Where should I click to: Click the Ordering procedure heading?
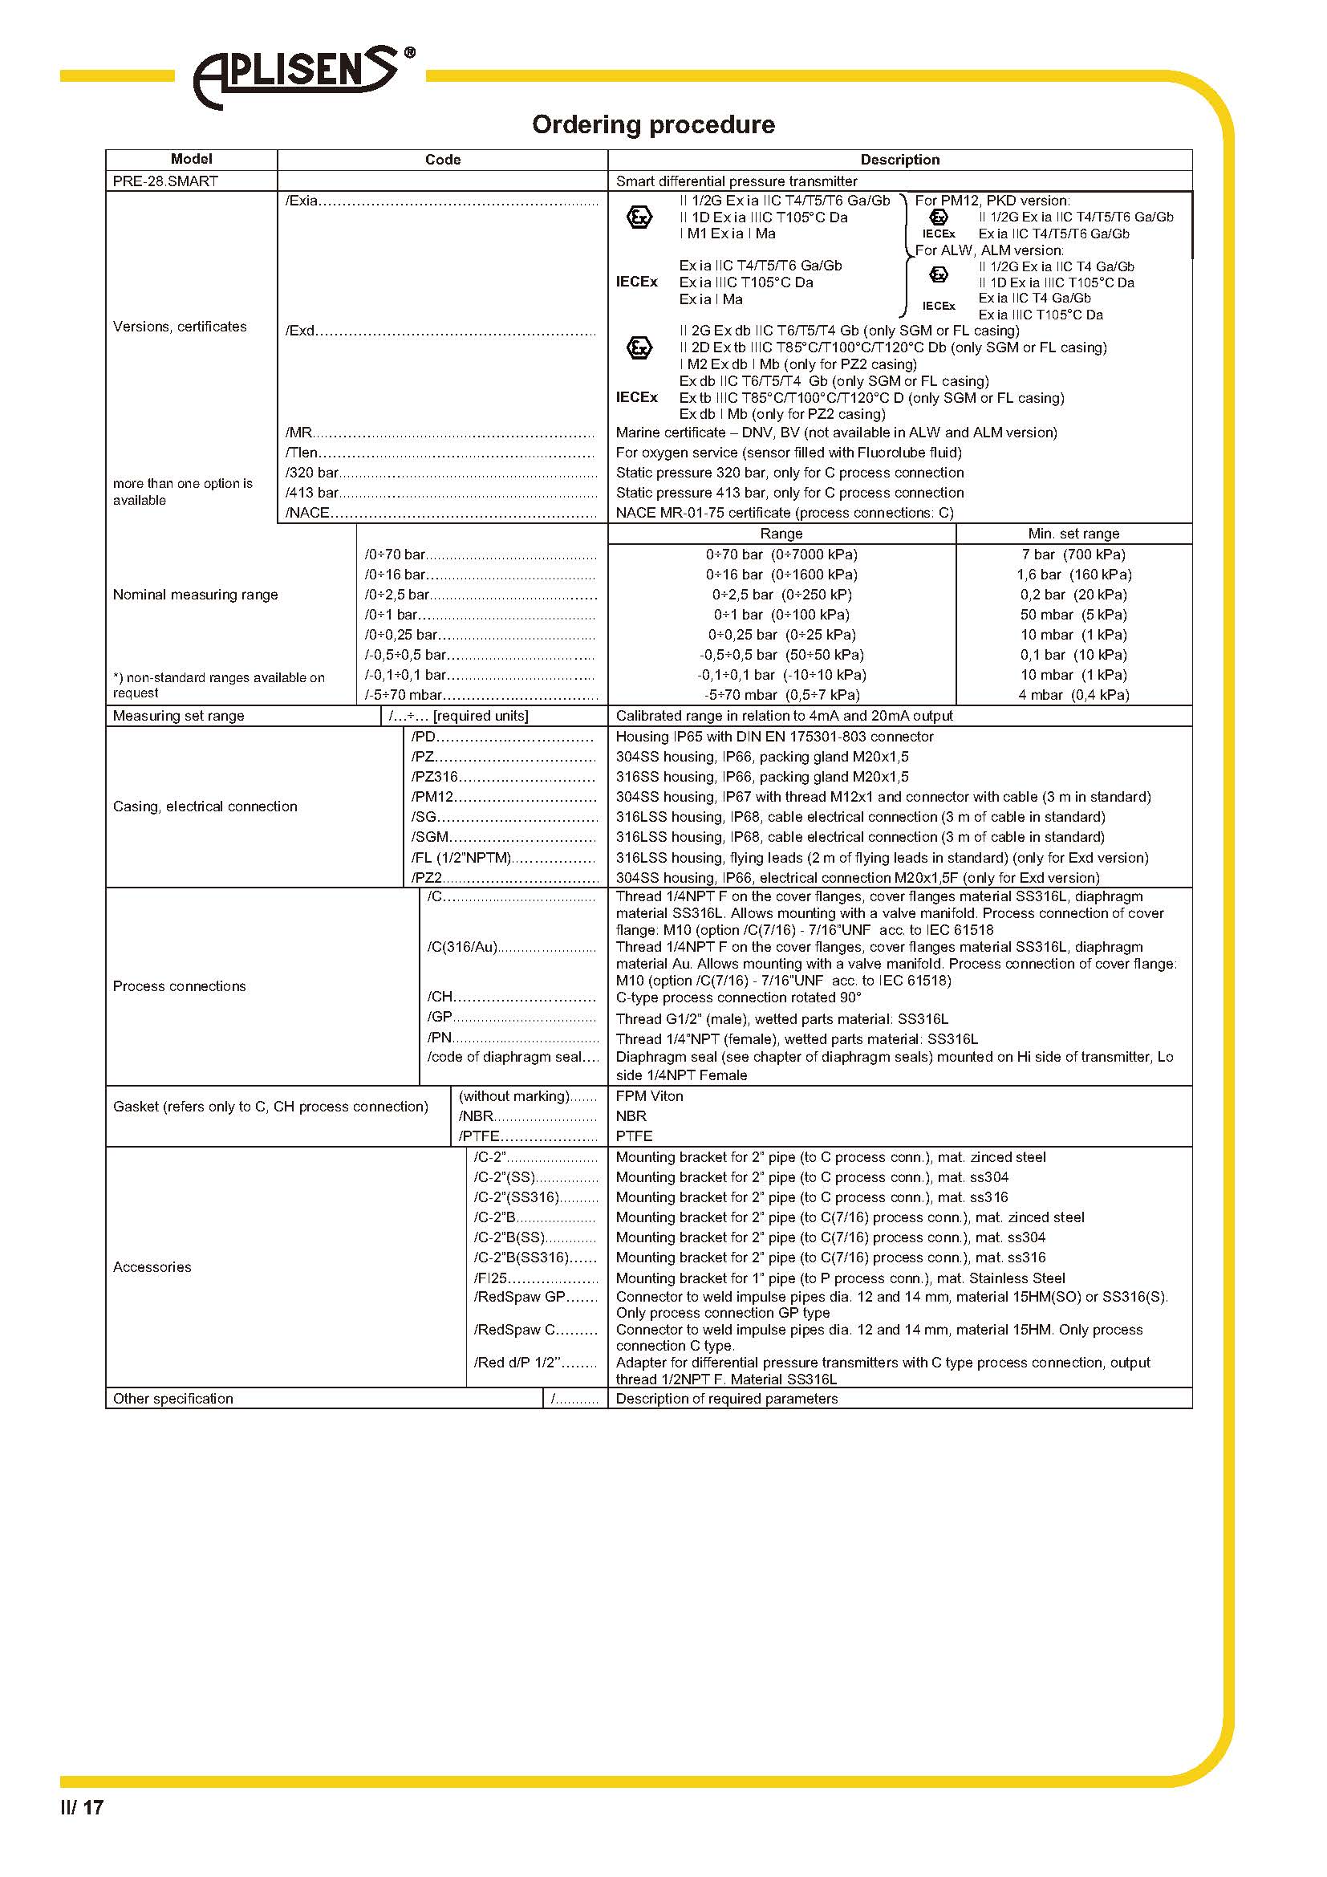click(653, 124)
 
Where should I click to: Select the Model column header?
click(191, 159)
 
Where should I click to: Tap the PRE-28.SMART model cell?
click(165, 181)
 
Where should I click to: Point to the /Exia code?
click(302, 201)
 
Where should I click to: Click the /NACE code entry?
click(307, 513)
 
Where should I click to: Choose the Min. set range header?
click(1073, 533)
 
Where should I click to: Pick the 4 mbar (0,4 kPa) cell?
click(1073, 695)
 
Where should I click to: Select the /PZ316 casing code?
click(434, 777)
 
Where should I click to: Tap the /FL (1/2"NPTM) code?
click(461, 858)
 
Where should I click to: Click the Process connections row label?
click(179, 986)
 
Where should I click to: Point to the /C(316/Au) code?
click(461, 947)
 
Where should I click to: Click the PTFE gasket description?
click(634, 1136)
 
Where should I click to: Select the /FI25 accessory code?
click(490, 1278)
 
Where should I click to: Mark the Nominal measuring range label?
click(195, 595)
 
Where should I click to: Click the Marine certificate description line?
click(836, 432)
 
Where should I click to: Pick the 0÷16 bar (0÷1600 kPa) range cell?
click(781, 574)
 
